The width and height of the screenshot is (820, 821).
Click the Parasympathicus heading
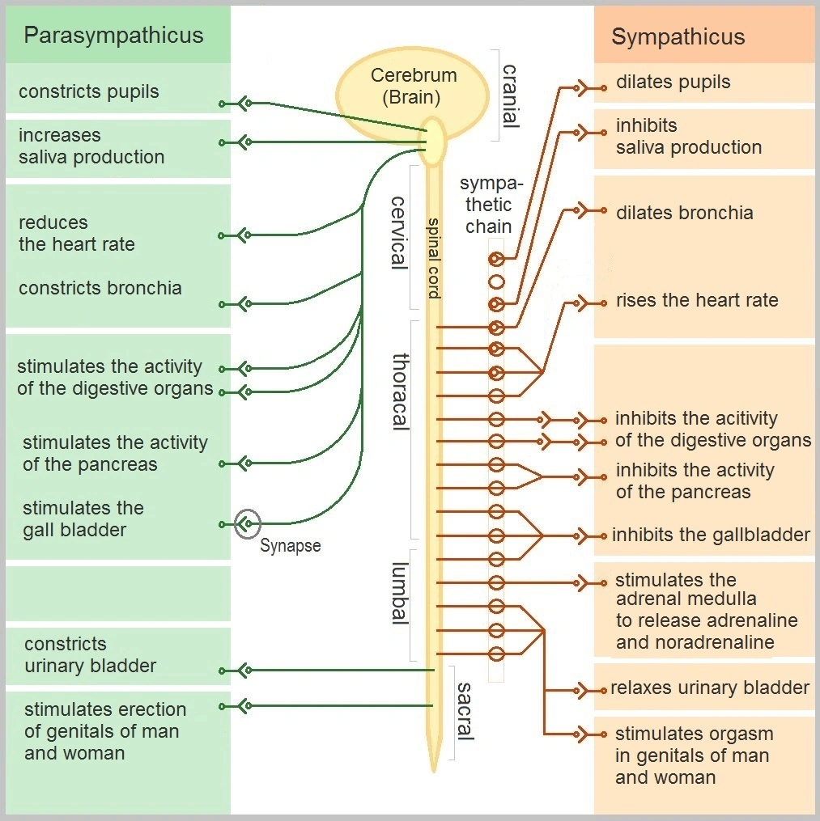click(x=113, y=36)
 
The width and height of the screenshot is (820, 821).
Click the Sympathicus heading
click(x=678, y=37)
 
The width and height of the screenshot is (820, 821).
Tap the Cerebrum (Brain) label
click(x=413, y=87)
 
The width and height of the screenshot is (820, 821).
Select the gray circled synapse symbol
click(x=247, y=524)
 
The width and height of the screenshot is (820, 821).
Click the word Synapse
click(x=290, y=546)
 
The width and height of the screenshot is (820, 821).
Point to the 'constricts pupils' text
click(x=89, y=91)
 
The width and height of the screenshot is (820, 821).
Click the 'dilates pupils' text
click(x=673, y=82)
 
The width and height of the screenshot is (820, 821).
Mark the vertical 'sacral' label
click(x=464, y=712)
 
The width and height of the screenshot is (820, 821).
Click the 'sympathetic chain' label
click(x=488, y=205)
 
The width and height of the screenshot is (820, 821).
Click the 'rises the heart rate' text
click(x=696, y=300)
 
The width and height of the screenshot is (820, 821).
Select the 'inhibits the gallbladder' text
click(x=711, y=535)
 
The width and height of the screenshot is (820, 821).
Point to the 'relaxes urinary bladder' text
click(x=709, y=688)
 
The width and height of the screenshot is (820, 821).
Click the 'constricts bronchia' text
click(x=100, y=288)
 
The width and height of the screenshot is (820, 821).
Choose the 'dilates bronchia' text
click(x=684, y=213)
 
